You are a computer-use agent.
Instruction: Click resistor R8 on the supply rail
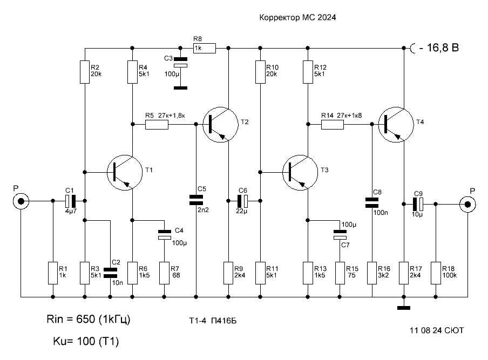(205, 48)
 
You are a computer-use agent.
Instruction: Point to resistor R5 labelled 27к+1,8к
(157, 125)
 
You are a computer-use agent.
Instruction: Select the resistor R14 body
(333, 125)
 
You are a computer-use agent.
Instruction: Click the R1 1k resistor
(53, 273)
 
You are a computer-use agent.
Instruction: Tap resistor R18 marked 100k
(436, 273)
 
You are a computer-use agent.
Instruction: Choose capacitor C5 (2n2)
(196, 200)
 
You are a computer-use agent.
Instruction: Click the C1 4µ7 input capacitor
(71, 201)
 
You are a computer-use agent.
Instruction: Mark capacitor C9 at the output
(418, 205)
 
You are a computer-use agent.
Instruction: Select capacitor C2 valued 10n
(110, 273)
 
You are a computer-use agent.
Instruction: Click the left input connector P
(21, 201)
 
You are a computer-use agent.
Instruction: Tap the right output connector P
(467, 205)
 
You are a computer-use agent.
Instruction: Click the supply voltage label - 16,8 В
(439, 47)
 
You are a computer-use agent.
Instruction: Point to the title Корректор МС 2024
(297, 17)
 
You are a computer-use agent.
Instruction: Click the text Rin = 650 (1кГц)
(89, 319)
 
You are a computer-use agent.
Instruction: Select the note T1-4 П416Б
(213, 321)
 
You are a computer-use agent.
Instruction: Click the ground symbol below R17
(404, 308)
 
